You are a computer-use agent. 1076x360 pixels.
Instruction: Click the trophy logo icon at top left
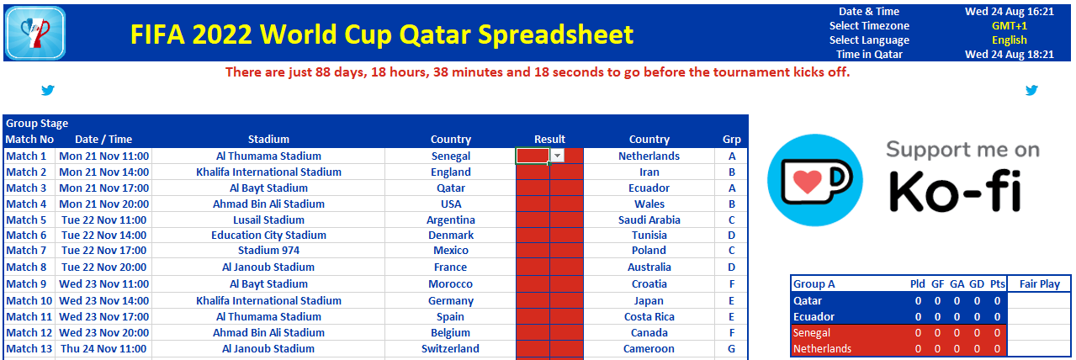pyautogui.click(x=35, y=33)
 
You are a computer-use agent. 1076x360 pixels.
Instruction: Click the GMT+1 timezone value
pyautogui.click(x=1010, y=26)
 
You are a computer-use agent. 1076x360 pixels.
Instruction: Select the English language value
pyautogui.click(x=1010, y=40)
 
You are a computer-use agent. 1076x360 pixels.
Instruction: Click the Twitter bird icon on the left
pyautogui.click(x=48, y=90)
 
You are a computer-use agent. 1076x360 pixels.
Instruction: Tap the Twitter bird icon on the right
pyautogui.click(x=1031, y=90)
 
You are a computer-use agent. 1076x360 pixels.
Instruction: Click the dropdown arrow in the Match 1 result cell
pyautogui.click(x=557, y=156)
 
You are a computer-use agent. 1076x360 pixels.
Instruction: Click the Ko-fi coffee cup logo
pyautogui.click(x=815, y=180)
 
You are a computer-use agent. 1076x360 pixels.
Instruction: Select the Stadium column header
pyautogui.click(x=268, y=139)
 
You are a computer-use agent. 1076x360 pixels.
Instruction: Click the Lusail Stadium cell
pyautogui.click(x=268, y=220)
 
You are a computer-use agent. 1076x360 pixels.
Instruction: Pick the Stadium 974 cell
pyautogui.click(x=268, y=250)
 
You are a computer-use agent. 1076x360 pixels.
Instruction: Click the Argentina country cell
pyautogui.click(x=451, y=220)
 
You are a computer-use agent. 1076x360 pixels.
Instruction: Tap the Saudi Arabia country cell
pyautogui.click(x=649, y=220)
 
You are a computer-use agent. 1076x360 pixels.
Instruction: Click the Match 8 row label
pyautogui.click(x=26, y=267)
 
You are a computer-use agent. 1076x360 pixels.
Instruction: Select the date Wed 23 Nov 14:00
pyautogui.click(x=103, y=300)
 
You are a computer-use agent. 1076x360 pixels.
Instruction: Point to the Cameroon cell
pyautogui.click(x=649, y=348)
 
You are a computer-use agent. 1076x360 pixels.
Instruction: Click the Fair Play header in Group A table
pyautogui.click(x=1040, y=283)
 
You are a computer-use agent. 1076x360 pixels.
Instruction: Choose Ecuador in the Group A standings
pyautogui.click(x=814, y=317)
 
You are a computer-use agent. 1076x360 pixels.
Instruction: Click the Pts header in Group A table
pyautogui.click(x=997, y=283)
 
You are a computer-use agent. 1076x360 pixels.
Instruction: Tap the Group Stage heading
pyautogui.click(x=37, y=124)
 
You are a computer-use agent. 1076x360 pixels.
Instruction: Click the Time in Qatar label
pyautogui.click(x=869, y=54)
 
